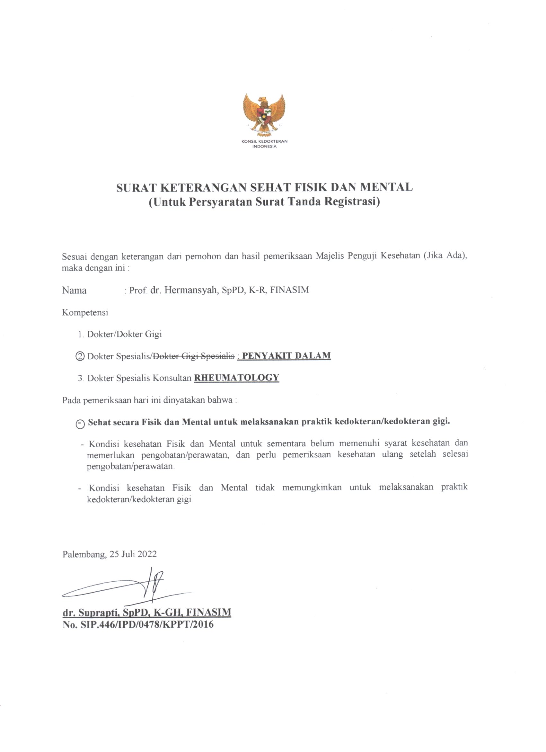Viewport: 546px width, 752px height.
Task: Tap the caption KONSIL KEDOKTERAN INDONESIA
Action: (x=264, y=144)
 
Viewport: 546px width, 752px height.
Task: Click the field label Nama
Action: (x=74, y=291)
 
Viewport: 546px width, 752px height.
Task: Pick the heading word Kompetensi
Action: (x=85, y=312)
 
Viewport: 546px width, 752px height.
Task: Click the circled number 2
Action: (x=80, y=356)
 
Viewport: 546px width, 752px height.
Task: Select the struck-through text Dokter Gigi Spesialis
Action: (x=193, y=356)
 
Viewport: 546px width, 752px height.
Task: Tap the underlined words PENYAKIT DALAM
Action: (x=286, y=356)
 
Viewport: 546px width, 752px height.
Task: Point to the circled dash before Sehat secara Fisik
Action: (x=80, y=425)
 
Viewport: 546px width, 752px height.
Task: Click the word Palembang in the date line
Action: (x=84, y=554)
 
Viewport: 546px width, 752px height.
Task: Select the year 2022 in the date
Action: (x=147, y=554)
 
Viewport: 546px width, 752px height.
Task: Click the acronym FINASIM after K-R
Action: (x=290, y=290)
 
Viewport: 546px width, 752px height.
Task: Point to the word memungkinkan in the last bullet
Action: (x=312, y=488)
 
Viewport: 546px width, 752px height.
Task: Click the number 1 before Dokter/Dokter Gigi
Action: (x=80, y=334)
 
